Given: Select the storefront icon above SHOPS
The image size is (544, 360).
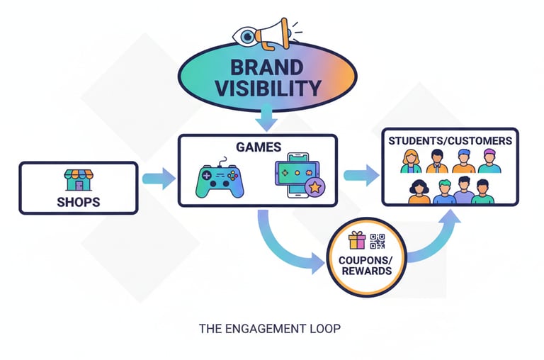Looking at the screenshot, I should point(78,179).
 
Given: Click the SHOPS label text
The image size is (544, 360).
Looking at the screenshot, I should point(78,202).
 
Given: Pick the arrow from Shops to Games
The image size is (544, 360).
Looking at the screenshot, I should point(159,178).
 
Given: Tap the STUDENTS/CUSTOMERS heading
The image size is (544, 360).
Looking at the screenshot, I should point(450,141).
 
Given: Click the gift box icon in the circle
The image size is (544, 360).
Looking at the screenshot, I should point(357,241).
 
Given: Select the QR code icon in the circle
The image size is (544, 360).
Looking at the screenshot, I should point(377,241).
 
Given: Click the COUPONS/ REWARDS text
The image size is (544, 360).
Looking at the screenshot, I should point(365,265).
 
